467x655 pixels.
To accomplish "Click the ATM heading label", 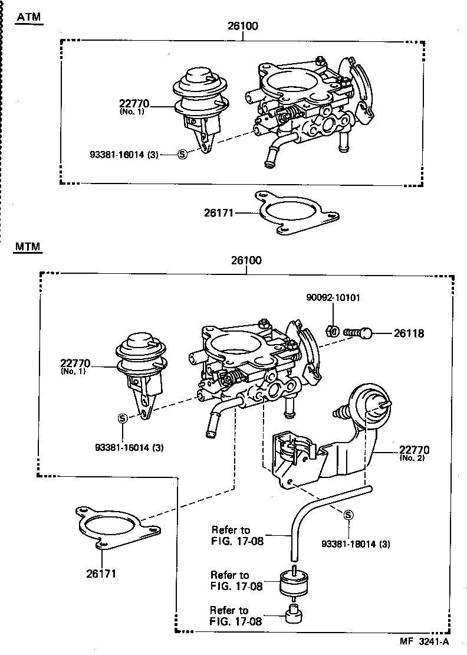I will click(29, 17).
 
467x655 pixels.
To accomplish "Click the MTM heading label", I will click(28, 247).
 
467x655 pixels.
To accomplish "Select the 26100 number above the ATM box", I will click(243, 27).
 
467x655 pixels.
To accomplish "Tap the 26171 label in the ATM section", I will click(219, 212).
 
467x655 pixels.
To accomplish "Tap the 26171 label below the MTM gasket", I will click(101, 573).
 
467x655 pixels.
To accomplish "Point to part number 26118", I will click(409, 333).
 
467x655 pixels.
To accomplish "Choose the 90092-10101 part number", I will click(333, 297).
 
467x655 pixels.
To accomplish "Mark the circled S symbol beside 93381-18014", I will click(348, 515).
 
